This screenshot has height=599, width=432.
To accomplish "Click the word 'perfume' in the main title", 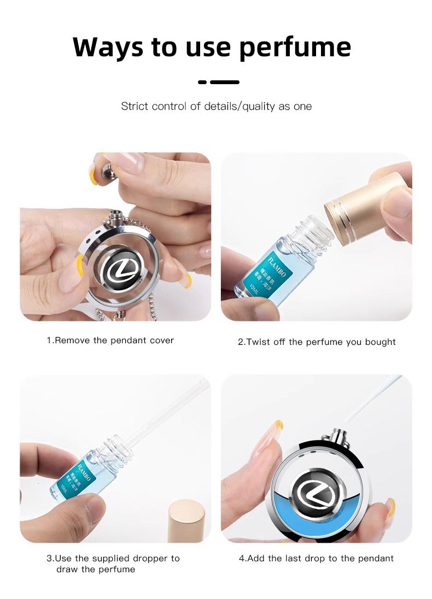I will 295,48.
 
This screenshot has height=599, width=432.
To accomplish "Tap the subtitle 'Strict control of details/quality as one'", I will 216,106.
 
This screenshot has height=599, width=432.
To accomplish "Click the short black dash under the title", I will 202,82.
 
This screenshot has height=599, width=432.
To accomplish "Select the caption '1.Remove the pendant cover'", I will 110,340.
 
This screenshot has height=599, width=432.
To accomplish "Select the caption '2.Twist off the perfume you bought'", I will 316,342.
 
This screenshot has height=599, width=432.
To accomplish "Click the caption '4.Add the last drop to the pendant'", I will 316,558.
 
